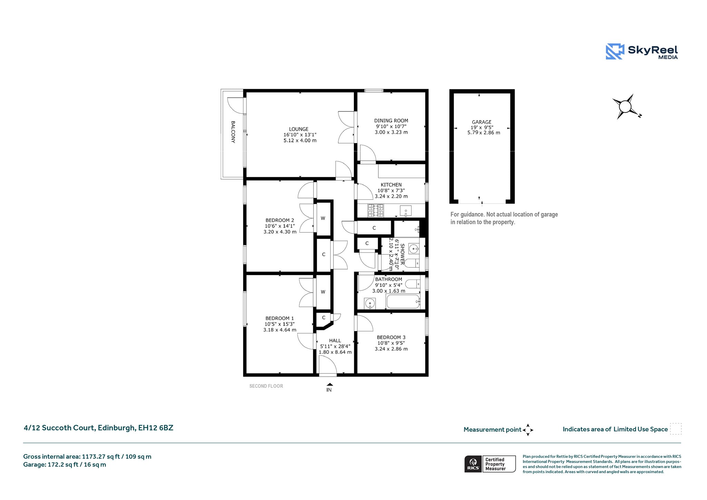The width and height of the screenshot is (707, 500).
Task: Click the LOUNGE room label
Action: click(299, 129)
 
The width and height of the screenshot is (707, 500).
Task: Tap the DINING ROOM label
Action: click(391, 121)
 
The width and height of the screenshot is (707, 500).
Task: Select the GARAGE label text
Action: click(482, 122)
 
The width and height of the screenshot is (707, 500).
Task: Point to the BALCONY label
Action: click(233, 132)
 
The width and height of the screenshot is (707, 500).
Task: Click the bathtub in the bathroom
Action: click(403, 302)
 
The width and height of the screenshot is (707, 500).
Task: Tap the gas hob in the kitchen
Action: click(376, 210)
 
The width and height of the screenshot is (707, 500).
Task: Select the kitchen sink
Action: click(406, 210)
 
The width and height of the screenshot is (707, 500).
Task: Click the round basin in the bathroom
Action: click(370, 303)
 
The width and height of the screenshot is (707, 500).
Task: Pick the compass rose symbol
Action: click(626, 107)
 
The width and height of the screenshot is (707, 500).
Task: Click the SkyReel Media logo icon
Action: click(615, 51)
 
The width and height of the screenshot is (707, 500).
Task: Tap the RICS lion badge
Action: click(473, 464)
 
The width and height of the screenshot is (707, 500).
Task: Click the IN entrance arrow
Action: click(329, 384)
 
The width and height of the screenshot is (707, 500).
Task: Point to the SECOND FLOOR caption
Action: click(266, 386)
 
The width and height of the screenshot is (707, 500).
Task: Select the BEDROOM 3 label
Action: click(391, 337)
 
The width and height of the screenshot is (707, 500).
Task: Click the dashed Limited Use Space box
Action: click(676, 429)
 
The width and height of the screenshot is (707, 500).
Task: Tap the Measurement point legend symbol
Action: click(528, 430)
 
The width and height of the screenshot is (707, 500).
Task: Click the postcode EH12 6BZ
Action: click(156, 428)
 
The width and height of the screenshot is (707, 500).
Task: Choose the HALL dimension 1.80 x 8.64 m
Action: click(335, 352)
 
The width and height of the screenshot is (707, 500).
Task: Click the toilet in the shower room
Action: click(411, 264)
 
